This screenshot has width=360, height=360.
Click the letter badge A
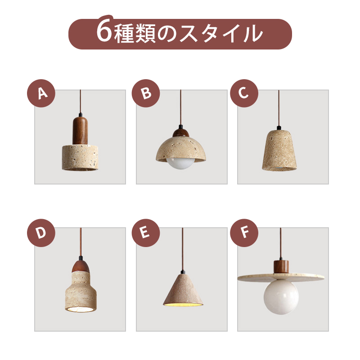point(41,93)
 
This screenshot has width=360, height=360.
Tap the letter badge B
point(146,93)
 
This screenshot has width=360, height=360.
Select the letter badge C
point(244,93)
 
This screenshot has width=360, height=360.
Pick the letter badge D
point(41,233)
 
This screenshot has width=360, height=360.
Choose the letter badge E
point(146,233)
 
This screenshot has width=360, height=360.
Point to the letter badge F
point(244,233)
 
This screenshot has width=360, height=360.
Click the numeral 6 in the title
point(104,31)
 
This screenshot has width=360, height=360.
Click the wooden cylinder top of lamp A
point(80,130)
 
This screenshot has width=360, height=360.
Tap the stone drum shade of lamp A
point(80,157)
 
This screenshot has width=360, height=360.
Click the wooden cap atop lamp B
point(181,132)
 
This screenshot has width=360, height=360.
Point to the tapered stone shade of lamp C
point(279,150)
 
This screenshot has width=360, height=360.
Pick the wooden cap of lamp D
point(81,266)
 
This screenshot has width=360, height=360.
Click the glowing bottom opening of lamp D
point(81,309)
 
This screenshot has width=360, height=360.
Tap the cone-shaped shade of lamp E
point(183,290)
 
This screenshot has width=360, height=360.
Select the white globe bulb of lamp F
point(281,298)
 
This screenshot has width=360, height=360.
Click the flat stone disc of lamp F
point(281,278)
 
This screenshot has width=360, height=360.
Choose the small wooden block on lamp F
point(281,267)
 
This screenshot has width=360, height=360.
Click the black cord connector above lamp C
point(279,128)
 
